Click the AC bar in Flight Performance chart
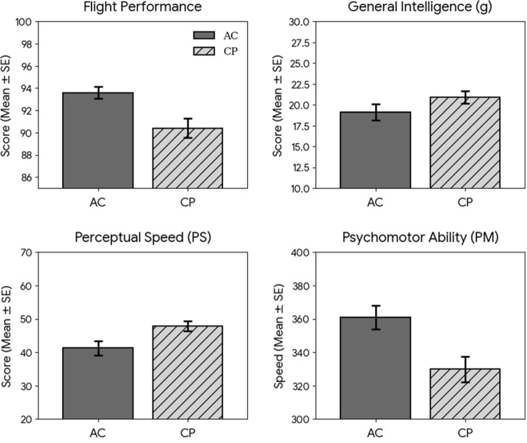click(98, 140)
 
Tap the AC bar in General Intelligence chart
click(375, 150)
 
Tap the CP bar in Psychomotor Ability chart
click(465, 393)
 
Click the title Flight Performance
click(142, 7)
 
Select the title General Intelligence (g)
click(420, 7)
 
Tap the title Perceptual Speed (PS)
click(142, 237)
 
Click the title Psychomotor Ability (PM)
click(420, 237)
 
